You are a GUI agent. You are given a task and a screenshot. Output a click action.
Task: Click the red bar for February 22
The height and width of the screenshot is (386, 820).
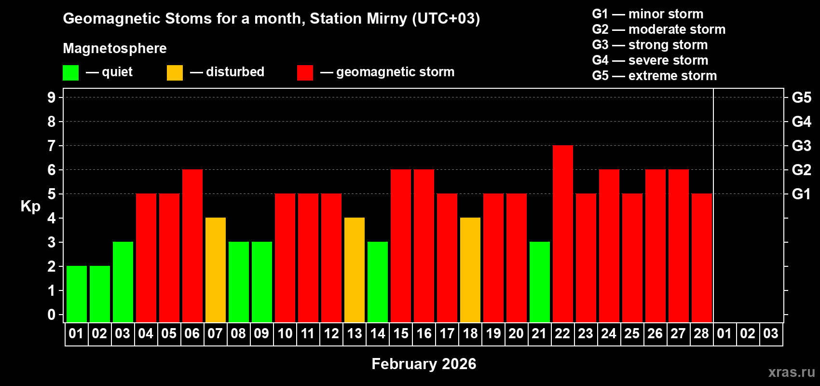562,234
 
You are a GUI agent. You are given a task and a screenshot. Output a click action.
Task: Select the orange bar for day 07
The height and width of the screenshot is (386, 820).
215,270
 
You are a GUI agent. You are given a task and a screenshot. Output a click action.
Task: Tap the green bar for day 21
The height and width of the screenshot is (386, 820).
539,282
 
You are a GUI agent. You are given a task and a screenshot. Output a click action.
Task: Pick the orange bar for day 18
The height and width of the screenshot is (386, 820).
470,270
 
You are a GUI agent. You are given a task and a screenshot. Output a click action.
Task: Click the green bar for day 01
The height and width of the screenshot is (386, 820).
76,294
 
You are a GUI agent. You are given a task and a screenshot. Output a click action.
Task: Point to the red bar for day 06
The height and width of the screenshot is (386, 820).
192,246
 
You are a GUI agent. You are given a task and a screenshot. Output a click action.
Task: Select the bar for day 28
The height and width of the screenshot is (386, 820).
701,258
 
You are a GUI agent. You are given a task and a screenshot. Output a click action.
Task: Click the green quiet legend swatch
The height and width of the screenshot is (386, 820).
70,73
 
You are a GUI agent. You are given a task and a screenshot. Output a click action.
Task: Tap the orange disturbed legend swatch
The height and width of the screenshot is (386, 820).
175,73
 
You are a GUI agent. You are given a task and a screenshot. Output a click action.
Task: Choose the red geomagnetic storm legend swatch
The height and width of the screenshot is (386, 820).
305,73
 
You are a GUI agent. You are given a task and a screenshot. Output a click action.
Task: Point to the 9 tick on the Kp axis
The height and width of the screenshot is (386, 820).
52,97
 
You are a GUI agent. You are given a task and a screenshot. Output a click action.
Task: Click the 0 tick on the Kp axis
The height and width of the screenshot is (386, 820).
52,315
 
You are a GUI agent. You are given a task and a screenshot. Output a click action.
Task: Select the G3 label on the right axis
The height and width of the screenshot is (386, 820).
801,146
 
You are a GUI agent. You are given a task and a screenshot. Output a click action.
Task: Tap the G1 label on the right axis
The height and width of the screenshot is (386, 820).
801,194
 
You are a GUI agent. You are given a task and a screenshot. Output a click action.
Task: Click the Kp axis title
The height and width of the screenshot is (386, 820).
30,207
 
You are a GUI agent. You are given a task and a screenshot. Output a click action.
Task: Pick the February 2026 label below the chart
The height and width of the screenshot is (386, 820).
424,364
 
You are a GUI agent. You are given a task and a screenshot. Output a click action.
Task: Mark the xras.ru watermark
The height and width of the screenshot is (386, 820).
791,372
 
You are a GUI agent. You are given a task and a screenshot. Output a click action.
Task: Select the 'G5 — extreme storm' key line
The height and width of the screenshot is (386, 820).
654,76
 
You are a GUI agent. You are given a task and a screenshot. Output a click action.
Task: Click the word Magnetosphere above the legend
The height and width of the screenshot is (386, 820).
114,48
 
